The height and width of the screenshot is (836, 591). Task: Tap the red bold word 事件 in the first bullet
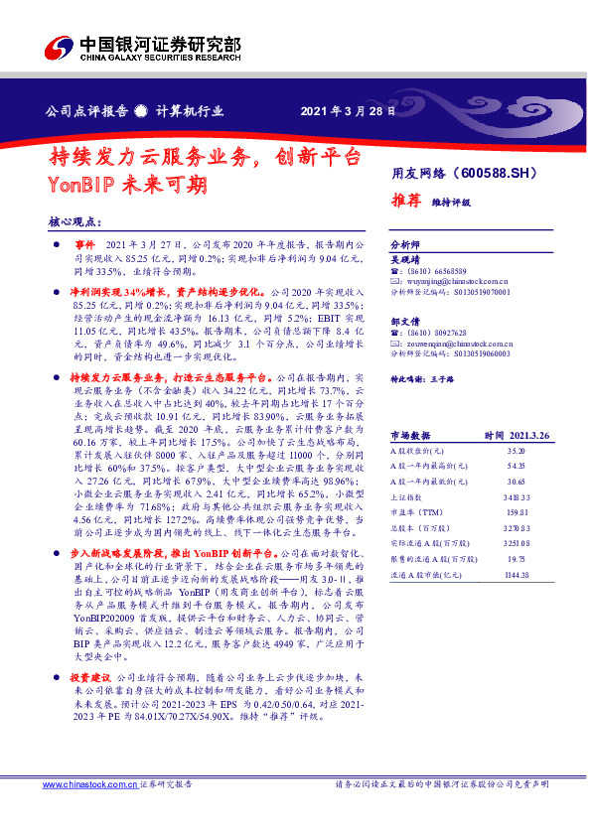point(84,244)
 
